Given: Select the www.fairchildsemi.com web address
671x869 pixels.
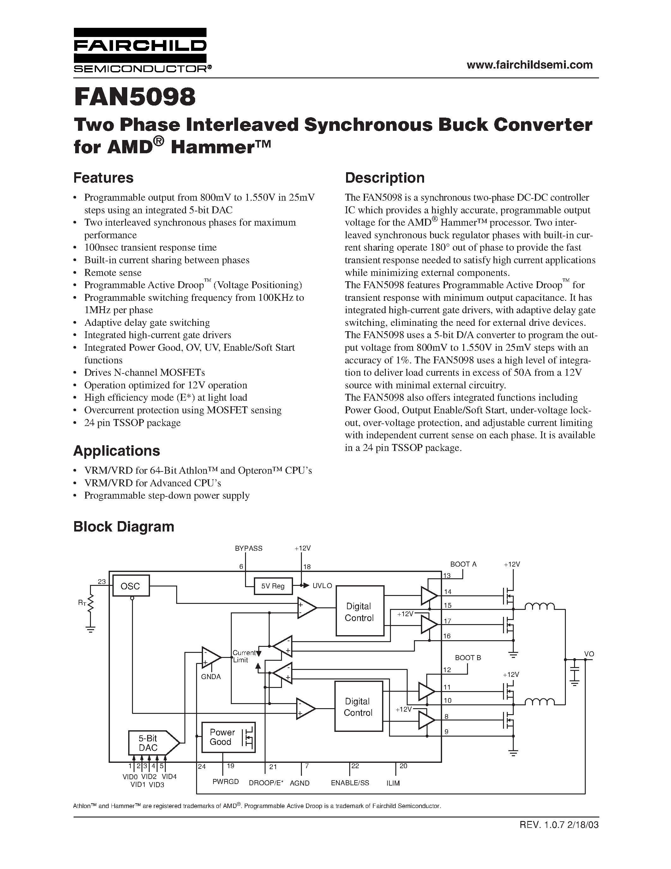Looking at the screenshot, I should click(530, 65).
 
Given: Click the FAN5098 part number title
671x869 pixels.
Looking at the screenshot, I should click(135, 97).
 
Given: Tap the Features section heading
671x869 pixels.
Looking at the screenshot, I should click(103, 178).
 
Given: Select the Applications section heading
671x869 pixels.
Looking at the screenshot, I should click(117, 451).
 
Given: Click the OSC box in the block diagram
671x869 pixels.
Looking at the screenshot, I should click(130, 586).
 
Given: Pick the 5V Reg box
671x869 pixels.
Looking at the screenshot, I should click(273, 586).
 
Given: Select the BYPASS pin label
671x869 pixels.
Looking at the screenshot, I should click(249, 548).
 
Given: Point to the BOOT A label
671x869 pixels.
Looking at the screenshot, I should click(463, 564).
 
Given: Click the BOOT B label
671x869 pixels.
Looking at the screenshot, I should click(468, 658).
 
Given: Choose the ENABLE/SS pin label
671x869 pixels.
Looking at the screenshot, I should click(350, 783).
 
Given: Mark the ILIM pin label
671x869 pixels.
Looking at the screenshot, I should click(393, 783).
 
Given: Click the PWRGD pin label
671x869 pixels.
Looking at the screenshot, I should click(225, 782).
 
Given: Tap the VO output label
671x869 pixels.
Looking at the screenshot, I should click(589, 654).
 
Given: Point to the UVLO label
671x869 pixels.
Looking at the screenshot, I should click(322, 586).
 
